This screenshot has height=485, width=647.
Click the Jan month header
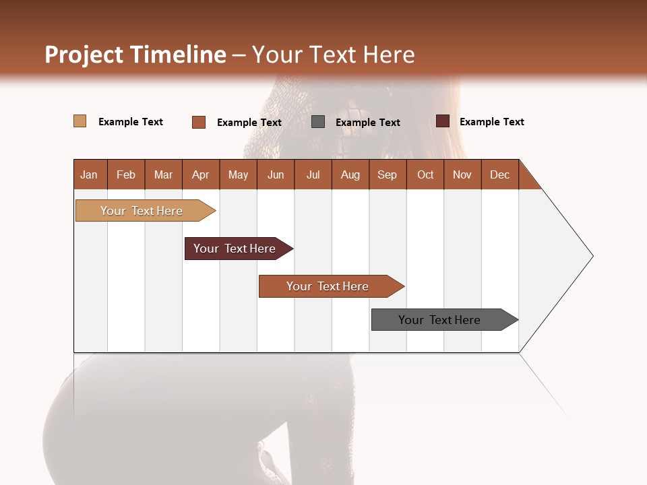pos(90,174)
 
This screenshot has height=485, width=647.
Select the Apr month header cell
pos(201,174)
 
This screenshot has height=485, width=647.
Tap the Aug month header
pos(350,174)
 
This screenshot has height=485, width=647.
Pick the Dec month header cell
pos(499,174)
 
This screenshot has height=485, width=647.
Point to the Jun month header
pos(276,174)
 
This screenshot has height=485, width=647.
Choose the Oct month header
pos(425,174)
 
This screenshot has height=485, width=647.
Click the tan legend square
pos(80,121)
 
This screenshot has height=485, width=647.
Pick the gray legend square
pos(318,122)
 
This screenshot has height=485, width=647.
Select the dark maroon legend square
pos(443,121)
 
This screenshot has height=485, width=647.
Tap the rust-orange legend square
pos(199,122)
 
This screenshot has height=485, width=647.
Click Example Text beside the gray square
pos(368,123)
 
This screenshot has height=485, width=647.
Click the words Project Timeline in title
pos(135,55)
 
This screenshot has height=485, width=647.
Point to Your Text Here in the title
pos(334,55)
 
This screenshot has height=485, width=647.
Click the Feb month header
pos(126,174)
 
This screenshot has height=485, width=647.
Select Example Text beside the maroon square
pos(492,122)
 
